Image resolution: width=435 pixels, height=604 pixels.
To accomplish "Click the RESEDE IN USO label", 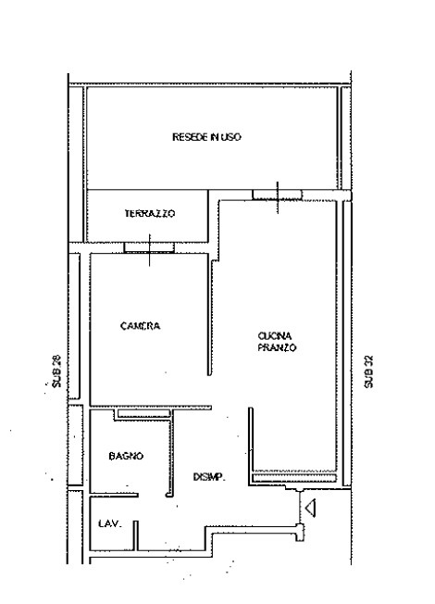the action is (206, 137).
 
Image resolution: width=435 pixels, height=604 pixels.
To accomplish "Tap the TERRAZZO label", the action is (150, 213).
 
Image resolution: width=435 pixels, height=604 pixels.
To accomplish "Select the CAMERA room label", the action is (140, 326).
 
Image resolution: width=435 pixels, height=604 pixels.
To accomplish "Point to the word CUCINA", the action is (275, 336).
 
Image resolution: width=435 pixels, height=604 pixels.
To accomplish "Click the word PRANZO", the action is (277, 347).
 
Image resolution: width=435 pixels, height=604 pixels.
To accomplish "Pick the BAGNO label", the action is (126, 456).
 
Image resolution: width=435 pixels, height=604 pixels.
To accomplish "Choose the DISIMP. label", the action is (209, 477).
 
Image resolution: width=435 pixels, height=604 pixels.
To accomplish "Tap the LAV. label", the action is (110, 524).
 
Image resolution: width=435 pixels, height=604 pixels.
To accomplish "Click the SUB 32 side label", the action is (368, 371).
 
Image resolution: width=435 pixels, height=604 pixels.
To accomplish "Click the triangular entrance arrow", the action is (311, 508).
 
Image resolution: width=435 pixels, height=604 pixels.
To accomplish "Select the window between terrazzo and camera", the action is (149, 247).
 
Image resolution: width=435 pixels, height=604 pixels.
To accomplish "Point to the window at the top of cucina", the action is (277, 195).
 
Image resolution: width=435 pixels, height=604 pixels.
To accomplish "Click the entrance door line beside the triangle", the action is (300, 508).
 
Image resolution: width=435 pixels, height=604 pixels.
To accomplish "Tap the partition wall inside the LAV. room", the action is (136, 535).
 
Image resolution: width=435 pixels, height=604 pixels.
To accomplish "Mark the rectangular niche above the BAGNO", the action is (144, 414).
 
